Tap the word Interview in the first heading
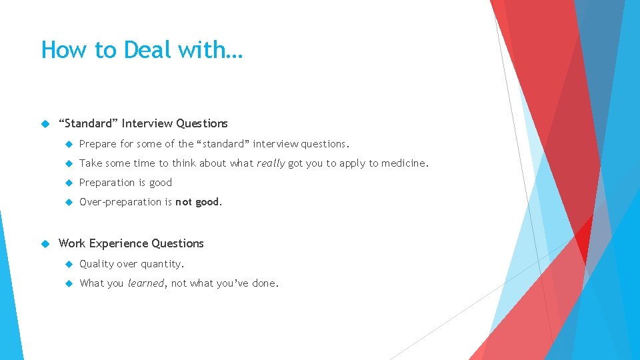[147, 123]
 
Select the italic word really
[271, 163]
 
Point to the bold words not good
[198, 202]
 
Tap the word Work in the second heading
[72, 243]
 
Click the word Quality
[97, 264]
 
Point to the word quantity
[161, 264]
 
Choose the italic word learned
[145, 283]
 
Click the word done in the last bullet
[265, 283]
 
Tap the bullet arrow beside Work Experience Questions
[45, 243]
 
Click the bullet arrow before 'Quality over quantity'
[68, 264]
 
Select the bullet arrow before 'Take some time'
[68, 163]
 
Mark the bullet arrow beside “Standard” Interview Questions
[45, 123]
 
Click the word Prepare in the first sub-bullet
[98, 144]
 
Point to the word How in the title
[57, 50]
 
